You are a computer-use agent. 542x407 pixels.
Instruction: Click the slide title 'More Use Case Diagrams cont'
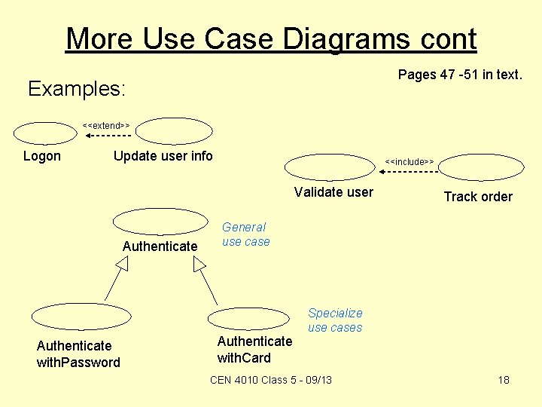pos(271,38)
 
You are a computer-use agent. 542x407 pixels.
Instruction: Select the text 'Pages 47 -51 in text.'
pos(459,74)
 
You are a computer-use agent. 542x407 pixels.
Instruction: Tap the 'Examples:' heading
pos(77,89)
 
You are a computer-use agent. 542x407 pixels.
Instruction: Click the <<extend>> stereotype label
pos(106,124)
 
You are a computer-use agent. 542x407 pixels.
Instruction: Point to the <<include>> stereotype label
pos(410,161)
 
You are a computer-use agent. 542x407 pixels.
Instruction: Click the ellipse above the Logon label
pos(45,133)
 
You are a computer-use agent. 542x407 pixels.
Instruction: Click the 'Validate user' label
pos(333,192)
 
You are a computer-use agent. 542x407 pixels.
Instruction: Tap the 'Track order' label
pos(478,197)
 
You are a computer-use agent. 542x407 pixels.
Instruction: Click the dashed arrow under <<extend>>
pos(108,136)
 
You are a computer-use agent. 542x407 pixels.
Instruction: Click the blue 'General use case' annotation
pos(245,234)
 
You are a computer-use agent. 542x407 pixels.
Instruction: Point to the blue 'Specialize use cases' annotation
pos(335,320)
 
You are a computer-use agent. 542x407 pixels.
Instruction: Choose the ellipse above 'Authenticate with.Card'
pos(248,318)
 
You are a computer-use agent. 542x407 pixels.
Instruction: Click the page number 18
pos(504,380)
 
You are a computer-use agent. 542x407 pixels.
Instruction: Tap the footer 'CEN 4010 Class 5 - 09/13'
pos(271,380)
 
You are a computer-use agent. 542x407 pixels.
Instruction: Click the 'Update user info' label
pos(163,156)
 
